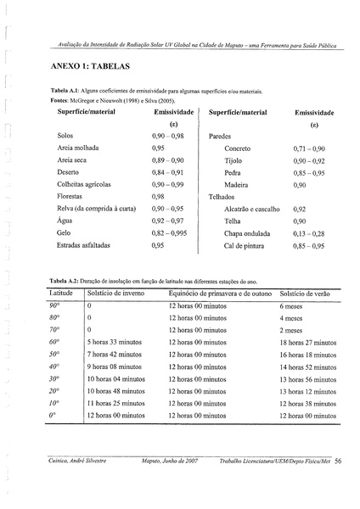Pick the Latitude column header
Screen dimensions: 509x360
point(60,292)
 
